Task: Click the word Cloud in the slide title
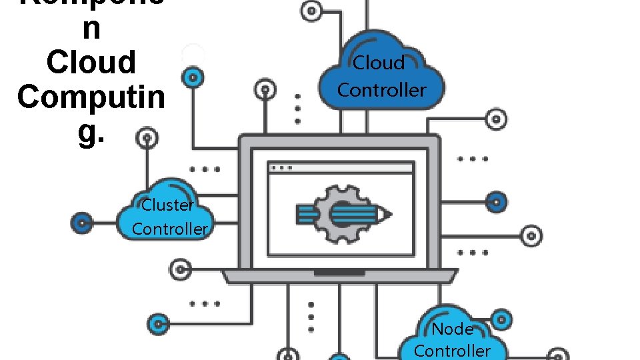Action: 91,62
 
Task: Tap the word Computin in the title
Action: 91,97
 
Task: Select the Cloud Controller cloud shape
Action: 381,73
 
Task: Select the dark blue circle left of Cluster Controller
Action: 82,222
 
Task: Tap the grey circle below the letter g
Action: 147,139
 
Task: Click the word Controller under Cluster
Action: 169,229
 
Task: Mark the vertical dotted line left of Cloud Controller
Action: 298,107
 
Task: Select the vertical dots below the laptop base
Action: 311,316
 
